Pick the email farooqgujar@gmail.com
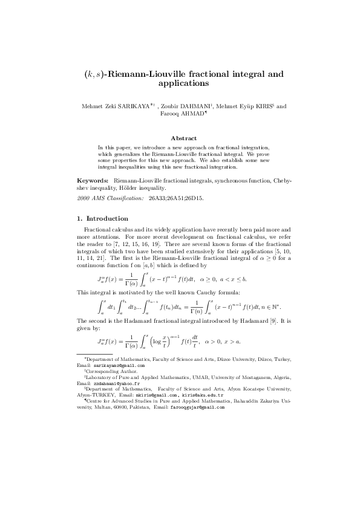point(197,407)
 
